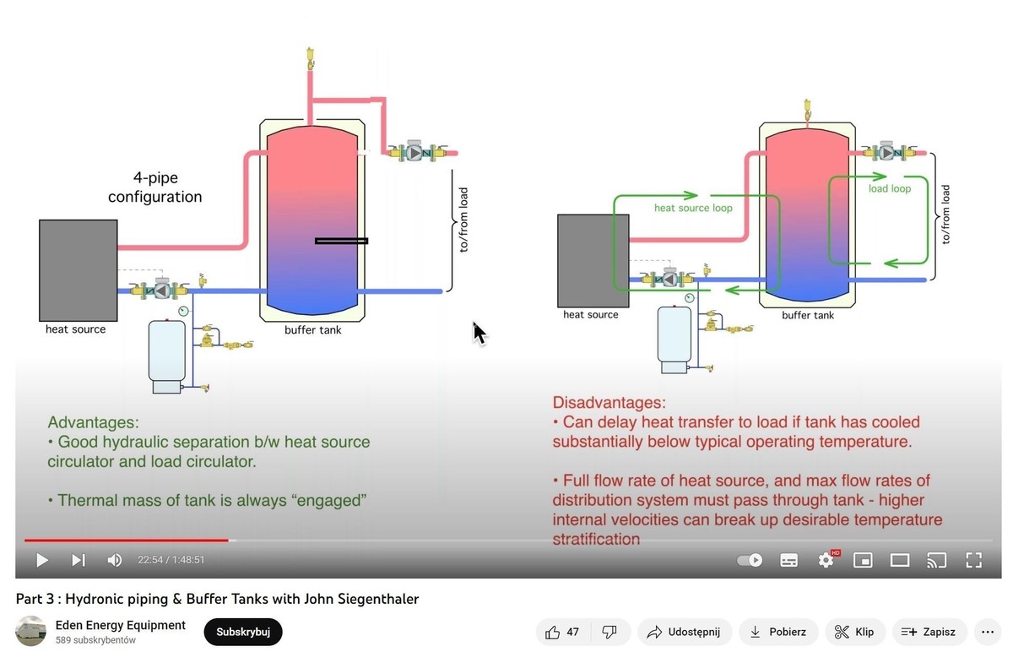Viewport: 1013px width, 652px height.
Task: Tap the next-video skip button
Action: tap(79, 560)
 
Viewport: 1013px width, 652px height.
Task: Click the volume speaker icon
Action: tap(115, 560)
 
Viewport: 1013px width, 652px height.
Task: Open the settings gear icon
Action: tap(826, 560)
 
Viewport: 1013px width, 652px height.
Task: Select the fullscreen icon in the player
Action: tap(973, 560)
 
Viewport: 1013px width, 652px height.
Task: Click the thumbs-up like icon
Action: tap(553, 632)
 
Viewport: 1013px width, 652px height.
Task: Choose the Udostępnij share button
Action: tap(684, 632)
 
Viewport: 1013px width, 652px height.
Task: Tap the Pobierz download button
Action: tap(778, 632)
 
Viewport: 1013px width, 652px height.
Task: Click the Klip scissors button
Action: tap(854, 632)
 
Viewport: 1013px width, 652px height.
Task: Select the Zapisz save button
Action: tap(929, 632)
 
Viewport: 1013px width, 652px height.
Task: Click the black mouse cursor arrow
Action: tap(479, 333)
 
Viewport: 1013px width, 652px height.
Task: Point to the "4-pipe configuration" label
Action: tap(154, 187)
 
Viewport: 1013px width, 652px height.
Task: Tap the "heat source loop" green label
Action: tap(693, 208)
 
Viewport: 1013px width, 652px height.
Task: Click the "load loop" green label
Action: tap(890, 188)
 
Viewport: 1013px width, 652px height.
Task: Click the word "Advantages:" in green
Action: tap(93, 422)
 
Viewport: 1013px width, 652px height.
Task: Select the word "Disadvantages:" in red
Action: tap(609, 403)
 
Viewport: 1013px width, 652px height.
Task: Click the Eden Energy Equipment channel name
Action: tap(120, 625)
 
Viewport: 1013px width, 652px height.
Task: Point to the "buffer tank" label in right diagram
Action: tap(808, 315)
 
